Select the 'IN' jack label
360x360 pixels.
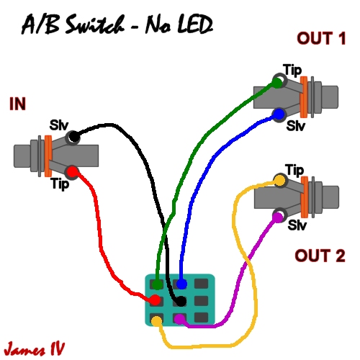point(17,105)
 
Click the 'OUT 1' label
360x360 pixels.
point(320,38)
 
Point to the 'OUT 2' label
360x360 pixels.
point(320,256)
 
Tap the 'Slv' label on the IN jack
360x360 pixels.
point(58,125)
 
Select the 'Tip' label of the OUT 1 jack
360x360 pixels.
point(292,70)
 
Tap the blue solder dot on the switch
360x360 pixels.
point(181,284)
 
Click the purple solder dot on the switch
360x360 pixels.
point(179,318)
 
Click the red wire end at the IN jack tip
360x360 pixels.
point(72,171)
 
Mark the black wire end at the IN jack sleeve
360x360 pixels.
point(72,136)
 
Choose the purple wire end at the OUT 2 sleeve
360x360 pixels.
point(276,214)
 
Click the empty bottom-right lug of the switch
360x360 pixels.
point(202,318)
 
